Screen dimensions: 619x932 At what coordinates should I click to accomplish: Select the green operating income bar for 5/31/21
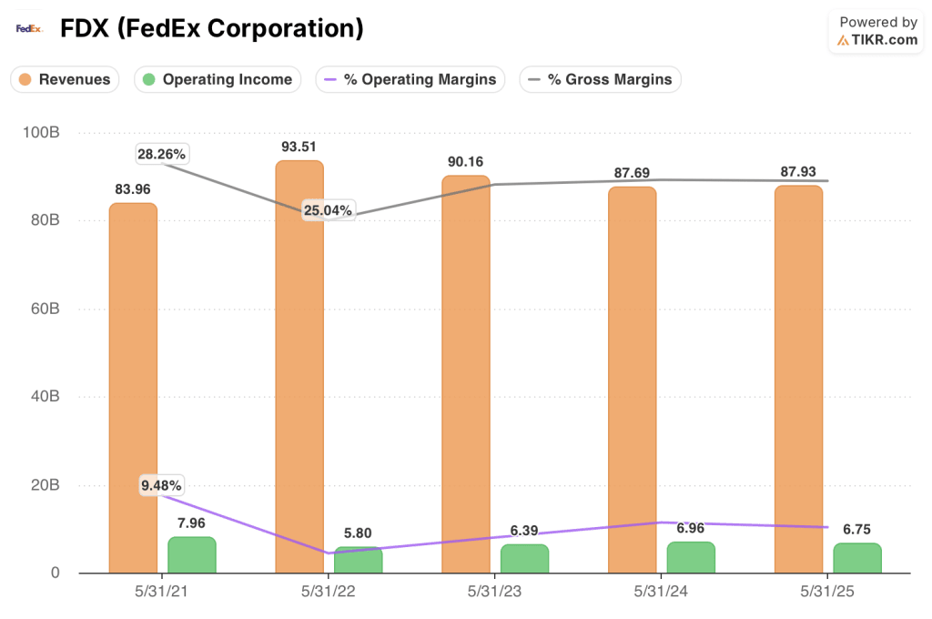(192, 555)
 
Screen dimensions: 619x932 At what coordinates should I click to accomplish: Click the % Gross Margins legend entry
(601, 79)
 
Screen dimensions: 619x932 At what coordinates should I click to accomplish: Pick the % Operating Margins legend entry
(410, 79)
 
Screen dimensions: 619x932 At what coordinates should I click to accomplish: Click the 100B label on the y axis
(40, 133)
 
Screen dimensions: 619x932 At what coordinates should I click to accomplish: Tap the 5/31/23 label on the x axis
(494, 592)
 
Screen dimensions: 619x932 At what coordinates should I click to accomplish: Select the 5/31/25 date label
(826, 592)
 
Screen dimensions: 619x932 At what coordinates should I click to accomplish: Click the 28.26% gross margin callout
(162, 154)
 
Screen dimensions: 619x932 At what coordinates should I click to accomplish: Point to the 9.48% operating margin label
(162, 485)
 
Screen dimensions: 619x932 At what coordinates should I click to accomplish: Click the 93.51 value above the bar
(299, 147)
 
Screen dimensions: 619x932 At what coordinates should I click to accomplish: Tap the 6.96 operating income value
(691, 527)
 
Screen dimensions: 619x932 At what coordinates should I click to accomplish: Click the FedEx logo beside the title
(29, 28)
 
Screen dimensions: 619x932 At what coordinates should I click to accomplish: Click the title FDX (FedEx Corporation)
(211, 28)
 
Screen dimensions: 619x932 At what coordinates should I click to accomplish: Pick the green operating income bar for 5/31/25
(856, 558)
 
